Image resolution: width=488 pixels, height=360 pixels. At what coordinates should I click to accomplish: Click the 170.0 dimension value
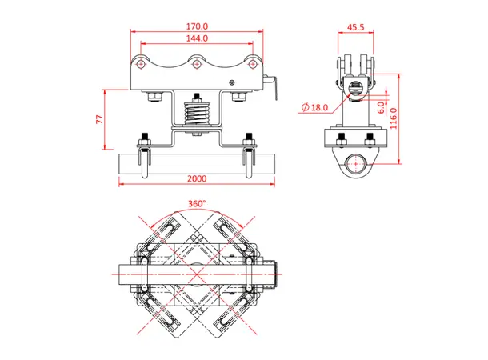click(195, 26)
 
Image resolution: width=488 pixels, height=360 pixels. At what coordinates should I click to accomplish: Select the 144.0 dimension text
click(195, 38)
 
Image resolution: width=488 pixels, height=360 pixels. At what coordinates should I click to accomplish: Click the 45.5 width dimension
click(356, 26)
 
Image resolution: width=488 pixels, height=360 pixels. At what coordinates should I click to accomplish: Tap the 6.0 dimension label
click(382, 104)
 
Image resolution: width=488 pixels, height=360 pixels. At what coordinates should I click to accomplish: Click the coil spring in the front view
click(195, 114)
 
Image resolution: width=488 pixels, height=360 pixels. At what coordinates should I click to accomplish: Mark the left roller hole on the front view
click(142, 62)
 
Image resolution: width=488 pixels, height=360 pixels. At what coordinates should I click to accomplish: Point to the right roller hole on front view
click(250, 62)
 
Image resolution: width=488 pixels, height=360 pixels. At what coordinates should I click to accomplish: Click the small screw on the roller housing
click(232, 82)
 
